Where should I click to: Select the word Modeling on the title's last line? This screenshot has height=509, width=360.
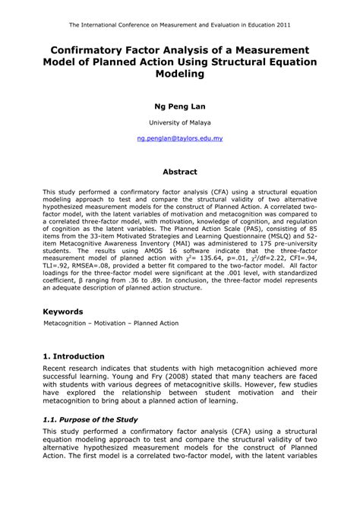click(180, 74)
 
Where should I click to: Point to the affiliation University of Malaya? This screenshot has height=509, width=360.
click(180, 122)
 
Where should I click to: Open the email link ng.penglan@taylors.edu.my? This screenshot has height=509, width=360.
click(180, 140)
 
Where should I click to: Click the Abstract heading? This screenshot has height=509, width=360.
click(180, 172)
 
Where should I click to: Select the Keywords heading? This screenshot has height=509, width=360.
click(63, 311)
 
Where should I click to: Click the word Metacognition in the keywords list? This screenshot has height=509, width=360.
click(68, 324)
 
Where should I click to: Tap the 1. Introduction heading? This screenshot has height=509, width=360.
click(74, 356)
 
